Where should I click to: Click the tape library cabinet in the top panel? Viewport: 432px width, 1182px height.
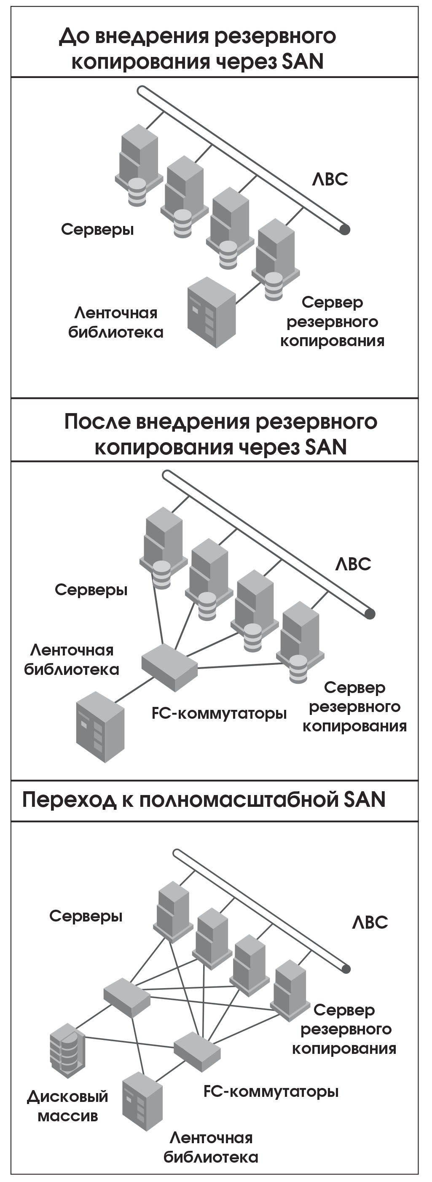212,312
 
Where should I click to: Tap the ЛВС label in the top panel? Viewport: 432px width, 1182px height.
330,180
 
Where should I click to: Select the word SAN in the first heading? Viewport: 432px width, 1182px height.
303,62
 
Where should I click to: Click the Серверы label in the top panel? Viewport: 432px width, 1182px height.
98,229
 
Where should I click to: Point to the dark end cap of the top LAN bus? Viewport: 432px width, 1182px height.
344,229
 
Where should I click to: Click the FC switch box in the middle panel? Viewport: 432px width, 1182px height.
169,667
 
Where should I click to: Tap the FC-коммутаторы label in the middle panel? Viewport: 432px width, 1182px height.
219,713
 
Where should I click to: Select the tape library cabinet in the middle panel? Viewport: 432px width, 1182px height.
100,727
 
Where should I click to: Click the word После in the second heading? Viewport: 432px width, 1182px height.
97,422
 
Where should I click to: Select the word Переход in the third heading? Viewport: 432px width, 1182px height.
69,800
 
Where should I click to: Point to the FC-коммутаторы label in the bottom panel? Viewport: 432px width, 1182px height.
271,1091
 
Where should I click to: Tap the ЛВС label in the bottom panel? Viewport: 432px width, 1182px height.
370,923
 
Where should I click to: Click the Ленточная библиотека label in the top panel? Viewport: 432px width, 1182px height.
116,322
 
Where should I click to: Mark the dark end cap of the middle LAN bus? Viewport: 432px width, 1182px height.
369,613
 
